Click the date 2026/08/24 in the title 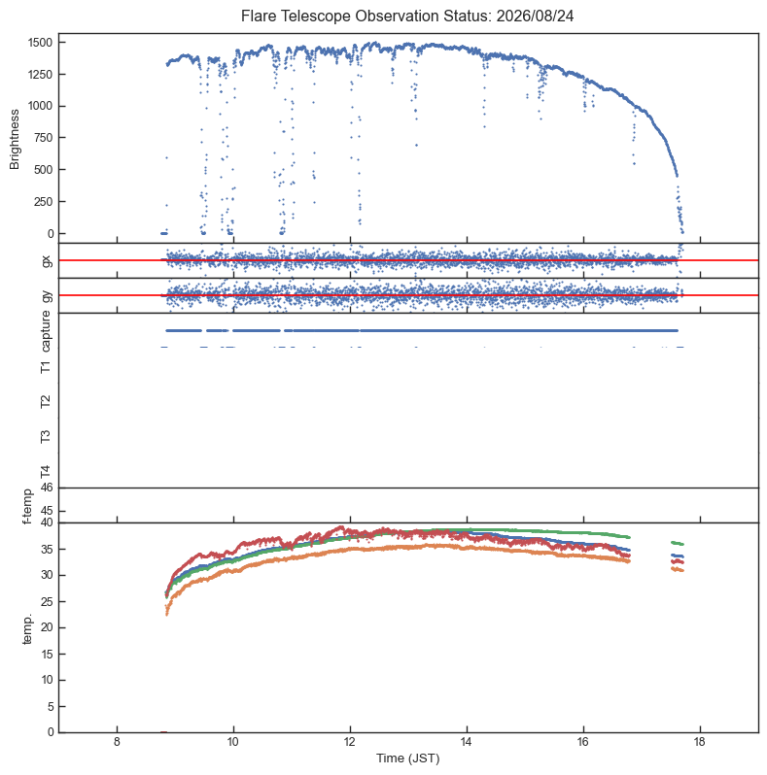point(535,16)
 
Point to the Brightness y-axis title point(15,140)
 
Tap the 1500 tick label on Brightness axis point(40,43)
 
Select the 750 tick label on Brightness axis point(43,138)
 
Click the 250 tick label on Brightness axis point(43,202)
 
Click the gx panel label point(47,260)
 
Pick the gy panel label point(47,295)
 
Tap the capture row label point(46,330)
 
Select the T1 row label point(46,366)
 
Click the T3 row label point(46,436)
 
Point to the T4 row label point(46,471)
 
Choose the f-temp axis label point(27,506)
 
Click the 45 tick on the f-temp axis point(47,511)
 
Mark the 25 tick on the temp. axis point(47,601)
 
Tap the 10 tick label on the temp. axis point(47,680)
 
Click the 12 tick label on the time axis point(350,742)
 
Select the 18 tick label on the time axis point(700,742)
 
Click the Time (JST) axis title point(407,758)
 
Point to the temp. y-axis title point(27,628)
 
